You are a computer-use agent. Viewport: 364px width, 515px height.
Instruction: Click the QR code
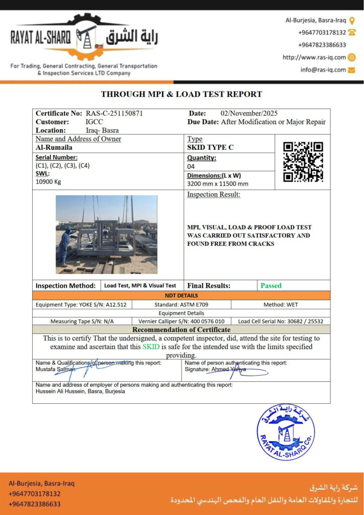pos(303,161)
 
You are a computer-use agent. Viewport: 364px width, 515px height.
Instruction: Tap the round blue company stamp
pos(286,432)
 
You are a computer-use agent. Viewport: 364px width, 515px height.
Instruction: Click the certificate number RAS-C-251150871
pos(114,114)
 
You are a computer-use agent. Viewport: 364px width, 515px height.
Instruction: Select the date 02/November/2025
pos(249,114)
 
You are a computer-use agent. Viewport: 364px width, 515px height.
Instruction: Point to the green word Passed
pos(271,286)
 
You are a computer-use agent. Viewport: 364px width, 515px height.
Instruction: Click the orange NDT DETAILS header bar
pos(181,295)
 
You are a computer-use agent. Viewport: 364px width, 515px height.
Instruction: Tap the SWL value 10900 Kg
pos(48,182)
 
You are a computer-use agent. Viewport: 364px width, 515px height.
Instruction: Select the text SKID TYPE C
pos(210,147)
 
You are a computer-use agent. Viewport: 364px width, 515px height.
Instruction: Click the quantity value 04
pos(191,166)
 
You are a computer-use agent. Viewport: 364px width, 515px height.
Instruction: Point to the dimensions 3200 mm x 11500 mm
pos(218,184)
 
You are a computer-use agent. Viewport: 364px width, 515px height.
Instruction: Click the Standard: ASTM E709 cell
pos(181,305)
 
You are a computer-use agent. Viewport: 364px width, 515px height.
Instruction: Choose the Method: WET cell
pos(281,305)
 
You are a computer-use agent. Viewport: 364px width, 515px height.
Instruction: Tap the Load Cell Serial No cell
pos(281,321)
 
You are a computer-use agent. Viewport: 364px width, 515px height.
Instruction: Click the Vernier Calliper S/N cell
pos(181,321)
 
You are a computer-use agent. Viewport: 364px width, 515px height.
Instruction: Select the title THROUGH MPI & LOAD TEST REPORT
pos(181,94)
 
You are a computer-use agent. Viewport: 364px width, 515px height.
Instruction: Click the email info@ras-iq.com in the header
pos(323,70)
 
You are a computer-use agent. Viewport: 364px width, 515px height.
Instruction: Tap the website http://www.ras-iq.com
pos(314,57)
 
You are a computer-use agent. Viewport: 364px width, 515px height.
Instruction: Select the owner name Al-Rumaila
pos(54,148)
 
